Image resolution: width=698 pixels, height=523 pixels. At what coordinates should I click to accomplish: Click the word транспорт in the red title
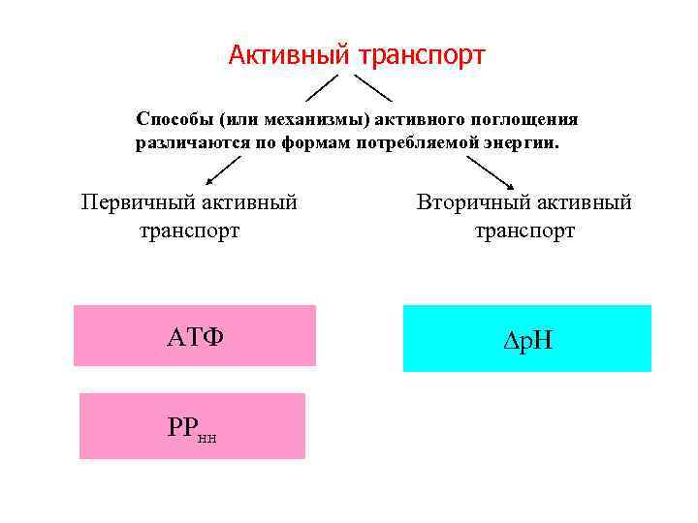(422, 56)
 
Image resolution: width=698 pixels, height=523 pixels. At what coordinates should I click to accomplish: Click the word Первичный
(139, 202)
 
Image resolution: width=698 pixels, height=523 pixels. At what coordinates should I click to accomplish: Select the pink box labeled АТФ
(195, 336)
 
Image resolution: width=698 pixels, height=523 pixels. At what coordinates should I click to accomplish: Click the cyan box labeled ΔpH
(527, 338)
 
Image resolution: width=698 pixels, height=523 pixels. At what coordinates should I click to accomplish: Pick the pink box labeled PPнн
(192, 426)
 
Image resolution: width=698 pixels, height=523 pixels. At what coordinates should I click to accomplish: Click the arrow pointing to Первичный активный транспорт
(224, 169)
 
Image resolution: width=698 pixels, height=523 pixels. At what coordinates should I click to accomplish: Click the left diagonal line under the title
(324, 87)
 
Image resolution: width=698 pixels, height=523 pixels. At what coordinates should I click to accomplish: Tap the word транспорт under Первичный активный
(190, 231)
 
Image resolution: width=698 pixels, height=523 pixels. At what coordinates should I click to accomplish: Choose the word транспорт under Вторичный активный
(524, 231)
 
